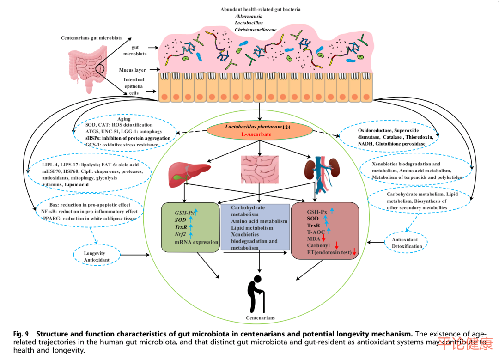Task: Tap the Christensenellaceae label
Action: [256, 30]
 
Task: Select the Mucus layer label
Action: [133, 70]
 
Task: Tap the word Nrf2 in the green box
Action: [180, 234]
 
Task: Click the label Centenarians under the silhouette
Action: [261, 318]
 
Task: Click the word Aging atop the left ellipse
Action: [124, 119]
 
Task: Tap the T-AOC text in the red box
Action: [316, 232]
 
